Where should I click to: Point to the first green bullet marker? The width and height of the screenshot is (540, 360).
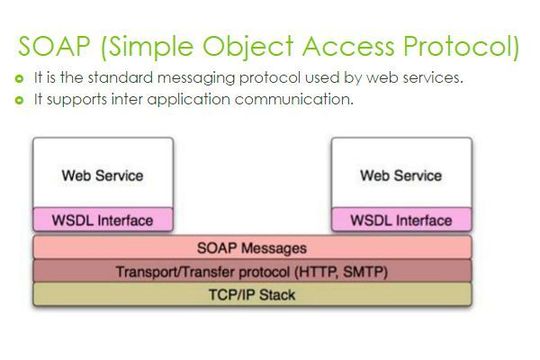tap(18, 79)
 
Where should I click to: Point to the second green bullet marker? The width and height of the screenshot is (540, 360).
tap(18, 99)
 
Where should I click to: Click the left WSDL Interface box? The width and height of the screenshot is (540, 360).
tap(103, 220)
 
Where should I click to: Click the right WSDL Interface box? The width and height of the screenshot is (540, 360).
tap(401, 220)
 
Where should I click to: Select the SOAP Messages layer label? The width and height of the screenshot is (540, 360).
tap(253, 247)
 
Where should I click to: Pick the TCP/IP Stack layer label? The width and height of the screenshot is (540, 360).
tap(253, 295)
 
